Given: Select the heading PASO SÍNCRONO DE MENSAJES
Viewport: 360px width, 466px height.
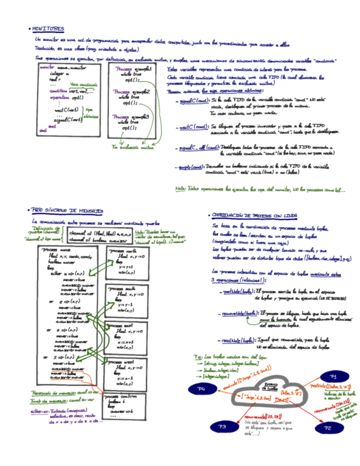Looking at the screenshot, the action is click(66, 210).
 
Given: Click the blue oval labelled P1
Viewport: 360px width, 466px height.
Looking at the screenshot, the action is click(333, 376).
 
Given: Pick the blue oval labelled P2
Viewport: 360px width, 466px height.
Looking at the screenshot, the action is click(328, 426).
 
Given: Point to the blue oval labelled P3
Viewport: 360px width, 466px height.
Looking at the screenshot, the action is click(223, 427).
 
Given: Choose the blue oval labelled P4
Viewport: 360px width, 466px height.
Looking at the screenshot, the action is click(201, 389).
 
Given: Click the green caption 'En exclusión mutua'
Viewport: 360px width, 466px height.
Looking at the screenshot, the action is click(132, 147).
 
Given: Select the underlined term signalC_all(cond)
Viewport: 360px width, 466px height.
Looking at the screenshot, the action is click(198, 148).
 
